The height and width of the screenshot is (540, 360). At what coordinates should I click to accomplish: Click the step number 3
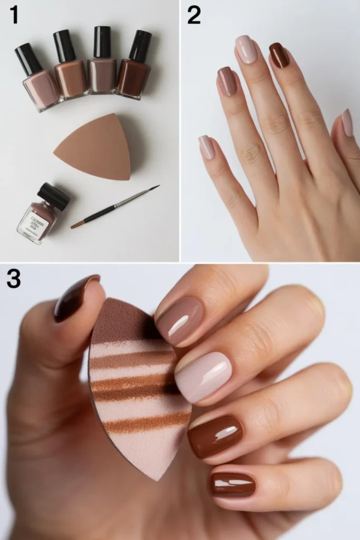click(x=14, y=278)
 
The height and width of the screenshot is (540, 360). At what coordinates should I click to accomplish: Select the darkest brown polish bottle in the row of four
click(x=134, y=78)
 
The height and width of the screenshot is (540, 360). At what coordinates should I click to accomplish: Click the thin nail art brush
click(x=116, y=206)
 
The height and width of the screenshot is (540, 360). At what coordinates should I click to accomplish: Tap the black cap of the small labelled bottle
click(x=54, y=196)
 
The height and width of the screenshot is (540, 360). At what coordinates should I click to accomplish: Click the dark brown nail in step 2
click(x=279, y=55)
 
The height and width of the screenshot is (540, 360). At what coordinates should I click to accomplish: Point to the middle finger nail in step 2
click(x=246, y=50)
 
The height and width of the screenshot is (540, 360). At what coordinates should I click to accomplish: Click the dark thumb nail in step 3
click(x=75, y=297)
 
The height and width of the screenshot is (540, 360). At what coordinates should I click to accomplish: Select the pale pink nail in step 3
click(x=203, y=376)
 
